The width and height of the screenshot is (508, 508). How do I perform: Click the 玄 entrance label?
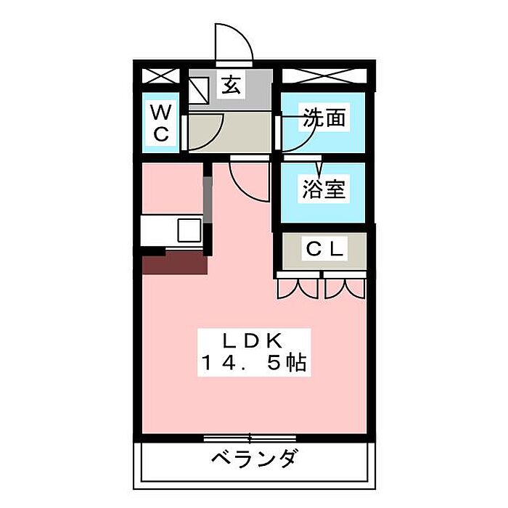click(231, 86)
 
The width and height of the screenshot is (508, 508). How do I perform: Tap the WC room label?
click(161, 123)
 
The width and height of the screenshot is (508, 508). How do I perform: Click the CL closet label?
click(324, 249)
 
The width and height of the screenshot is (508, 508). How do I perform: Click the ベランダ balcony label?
click(253, 459)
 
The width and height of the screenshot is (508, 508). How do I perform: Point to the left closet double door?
click(297, 288)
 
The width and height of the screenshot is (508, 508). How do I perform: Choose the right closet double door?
click(345, 288)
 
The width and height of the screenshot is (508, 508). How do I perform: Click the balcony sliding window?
click(250, 438)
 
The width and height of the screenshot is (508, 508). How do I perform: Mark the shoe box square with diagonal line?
click(199, 89)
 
